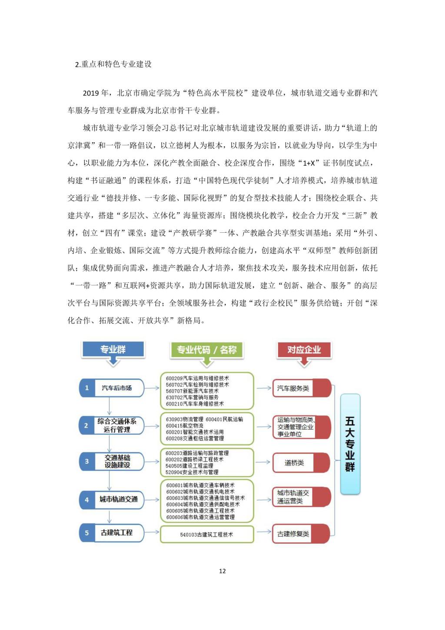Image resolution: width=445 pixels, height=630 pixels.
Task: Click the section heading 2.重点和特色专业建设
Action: tap(113, 64)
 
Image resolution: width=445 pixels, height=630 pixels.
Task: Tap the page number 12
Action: tap(222, 571)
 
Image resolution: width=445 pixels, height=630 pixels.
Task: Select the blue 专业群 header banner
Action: tap(113, 349)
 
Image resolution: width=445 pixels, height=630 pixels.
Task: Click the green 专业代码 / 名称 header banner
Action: tap(206, 350)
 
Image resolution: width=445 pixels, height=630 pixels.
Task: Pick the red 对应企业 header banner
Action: tap(304, 349)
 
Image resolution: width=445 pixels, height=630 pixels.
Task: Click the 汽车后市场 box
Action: tap(116, 388)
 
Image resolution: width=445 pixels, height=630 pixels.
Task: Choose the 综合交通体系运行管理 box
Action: tap(116, 425)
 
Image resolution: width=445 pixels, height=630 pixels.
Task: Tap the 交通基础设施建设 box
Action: tap(117, 461)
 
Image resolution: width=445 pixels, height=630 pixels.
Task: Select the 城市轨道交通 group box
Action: tap(118, 499)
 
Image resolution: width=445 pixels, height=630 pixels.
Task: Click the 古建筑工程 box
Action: tap(116, 533)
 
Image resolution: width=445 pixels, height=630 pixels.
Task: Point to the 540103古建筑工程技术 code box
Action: tap(206, 534)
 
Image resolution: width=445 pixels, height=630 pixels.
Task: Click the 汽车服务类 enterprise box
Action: tap(293, 388)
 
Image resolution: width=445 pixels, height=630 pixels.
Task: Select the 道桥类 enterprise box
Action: tap(294, 462)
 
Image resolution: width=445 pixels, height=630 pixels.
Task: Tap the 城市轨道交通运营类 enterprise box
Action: tap(293, 497)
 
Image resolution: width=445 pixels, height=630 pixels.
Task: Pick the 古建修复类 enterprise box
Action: tap(293, 534)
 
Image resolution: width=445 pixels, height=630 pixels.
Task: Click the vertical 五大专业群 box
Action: tap(350, 444)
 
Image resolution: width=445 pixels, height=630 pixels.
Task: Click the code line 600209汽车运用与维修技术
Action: tap(197, 379)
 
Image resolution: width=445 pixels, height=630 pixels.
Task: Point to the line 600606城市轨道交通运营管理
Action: tap(200, 517)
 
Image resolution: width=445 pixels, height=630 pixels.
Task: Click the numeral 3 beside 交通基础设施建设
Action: tap(86, 461)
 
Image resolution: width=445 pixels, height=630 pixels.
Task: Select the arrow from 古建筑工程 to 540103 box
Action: tap(152, 532)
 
